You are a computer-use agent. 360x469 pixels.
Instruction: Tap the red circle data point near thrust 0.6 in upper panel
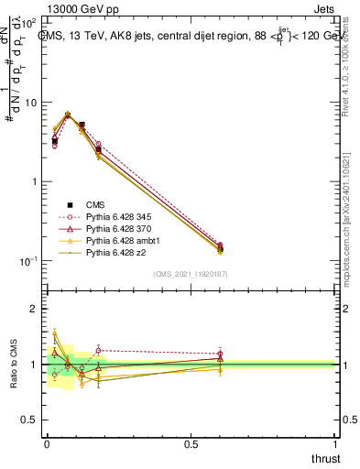220,245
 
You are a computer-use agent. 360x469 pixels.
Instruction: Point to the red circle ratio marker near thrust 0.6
220,354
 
